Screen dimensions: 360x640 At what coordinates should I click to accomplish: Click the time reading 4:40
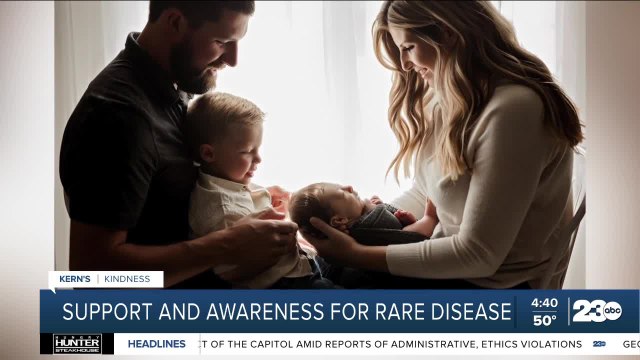pyautogui.click(x=544, y=302)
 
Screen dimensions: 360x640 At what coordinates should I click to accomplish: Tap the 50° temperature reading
pyautogui.click(x=544, y=320)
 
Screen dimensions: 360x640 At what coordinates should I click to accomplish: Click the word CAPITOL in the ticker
pyautogui.click(x=268, y=343)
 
